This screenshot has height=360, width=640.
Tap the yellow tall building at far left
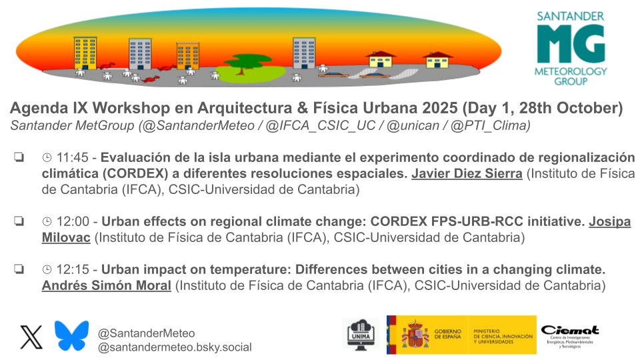pyautogui.click(x=85, y=53)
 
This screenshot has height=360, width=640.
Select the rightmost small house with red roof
pyautogui.click(x=437, y=64)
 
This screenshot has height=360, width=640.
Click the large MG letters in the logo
pyautogui.click(x=571, y=45)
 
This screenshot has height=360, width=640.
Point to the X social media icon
pyautogui.click(x=31, y=337)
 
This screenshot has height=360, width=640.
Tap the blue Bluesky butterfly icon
pyautogui.click(x=71, y=336)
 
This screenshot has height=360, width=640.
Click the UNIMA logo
pyautogui.click(x=361, y=334)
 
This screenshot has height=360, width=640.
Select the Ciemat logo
pyautogui.click(x=569, y=335)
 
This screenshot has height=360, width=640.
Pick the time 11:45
pyautogui.click(x=73, y=159)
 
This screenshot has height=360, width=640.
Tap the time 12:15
pyautogui.click(x=73, y=270)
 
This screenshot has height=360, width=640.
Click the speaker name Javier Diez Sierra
pyautogui.click(x=467, y=175)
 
